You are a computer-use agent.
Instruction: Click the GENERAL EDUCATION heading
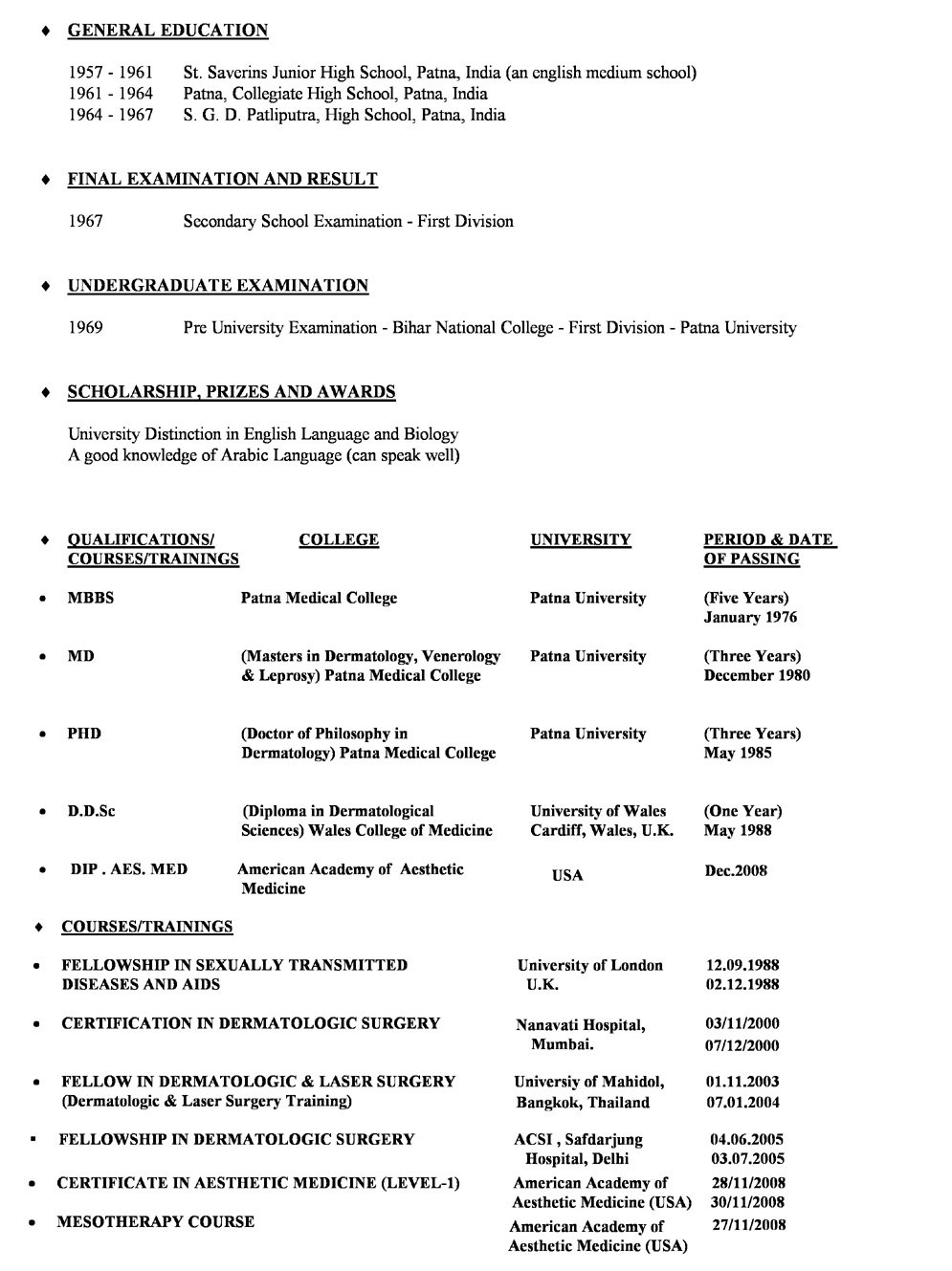pos(167,31)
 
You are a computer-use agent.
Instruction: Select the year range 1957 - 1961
pos(111,73)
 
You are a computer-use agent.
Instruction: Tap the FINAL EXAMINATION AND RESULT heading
pos(222,179)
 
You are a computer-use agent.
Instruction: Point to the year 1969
pos(86,328)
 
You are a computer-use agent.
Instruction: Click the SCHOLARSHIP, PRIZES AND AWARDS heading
pos(231,392)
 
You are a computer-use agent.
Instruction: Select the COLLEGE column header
pos(339,540)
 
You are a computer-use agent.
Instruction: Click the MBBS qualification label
pos(91,599)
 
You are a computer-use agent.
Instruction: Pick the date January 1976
pos(750,618)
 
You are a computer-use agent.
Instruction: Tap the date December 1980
pos(757,676)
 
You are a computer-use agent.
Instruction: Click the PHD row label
pos(84,734)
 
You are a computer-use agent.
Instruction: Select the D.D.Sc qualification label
pos(91,812)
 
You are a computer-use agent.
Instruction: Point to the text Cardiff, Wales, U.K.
pos(602,831)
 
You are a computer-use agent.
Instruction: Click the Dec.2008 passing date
pos(736,871)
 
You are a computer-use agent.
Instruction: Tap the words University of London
pos(590,966)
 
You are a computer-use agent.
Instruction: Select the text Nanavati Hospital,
pos(581,1026)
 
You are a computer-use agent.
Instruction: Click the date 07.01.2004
pos(742,1103)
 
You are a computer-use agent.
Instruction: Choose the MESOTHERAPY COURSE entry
pos(156,1222)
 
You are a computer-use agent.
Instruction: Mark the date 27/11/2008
pos(749,1225)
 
